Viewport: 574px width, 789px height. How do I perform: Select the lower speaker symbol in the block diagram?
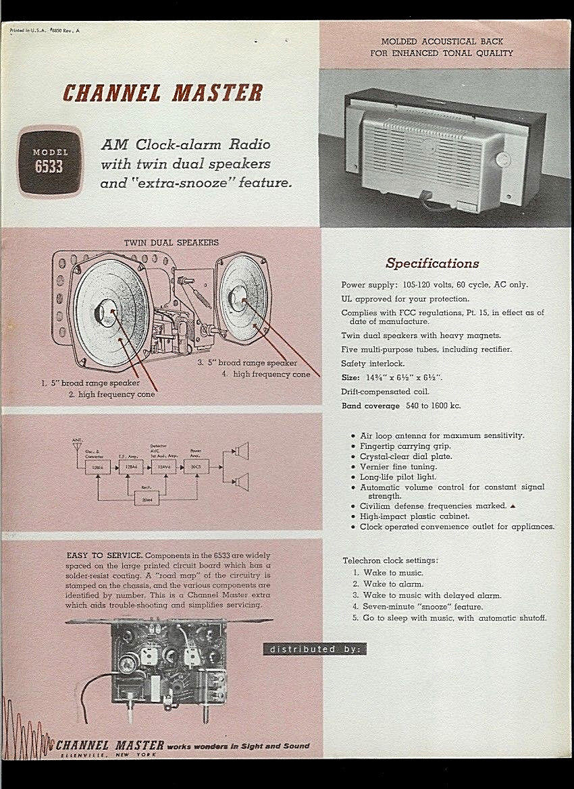tap(241, 481)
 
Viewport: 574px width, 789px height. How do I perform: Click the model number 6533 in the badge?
tap(50, 166)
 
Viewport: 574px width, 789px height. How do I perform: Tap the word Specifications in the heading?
tap(432, 263)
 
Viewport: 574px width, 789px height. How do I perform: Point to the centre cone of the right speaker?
tap(239, 294)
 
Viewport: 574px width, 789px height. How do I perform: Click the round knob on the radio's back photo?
tap(501, 160)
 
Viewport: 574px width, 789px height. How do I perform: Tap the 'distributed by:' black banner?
tap(315, 649)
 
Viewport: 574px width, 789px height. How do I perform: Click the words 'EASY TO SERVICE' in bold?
tap(104, 554)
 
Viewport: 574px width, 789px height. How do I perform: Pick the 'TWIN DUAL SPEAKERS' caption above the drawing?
tap(171, 242)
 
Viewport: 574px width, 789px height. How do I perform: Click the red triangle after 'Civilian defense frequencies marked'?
tap(513, 506)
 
